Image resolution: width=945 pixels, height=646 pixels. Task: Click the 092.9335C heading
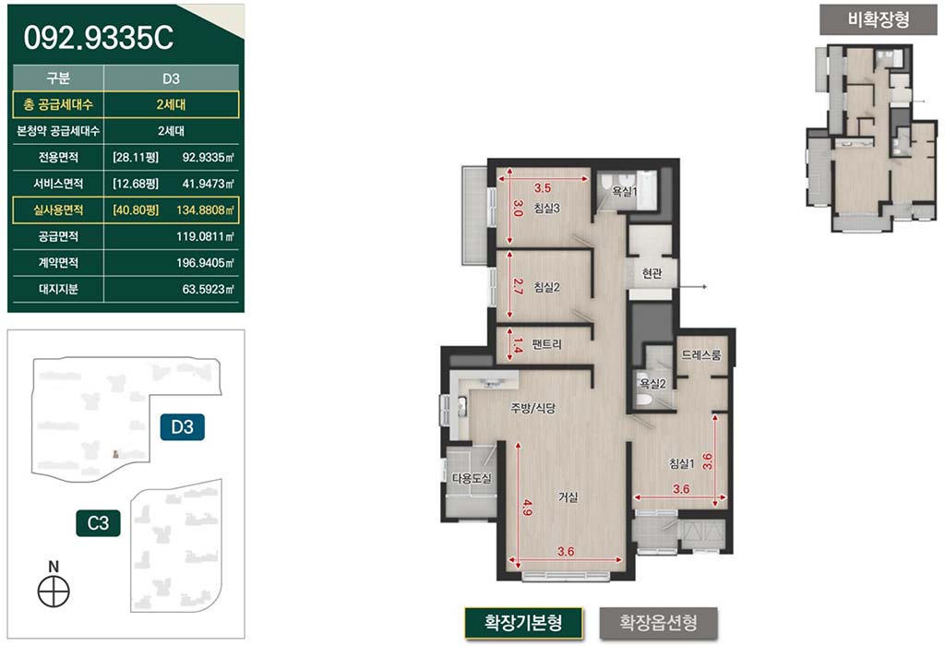point(98,38)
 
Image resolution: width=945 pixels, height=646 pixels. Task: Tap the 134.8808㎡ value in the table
point(205,210)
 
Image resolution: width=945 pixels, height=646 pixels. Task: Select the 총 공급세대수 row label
point(58,105)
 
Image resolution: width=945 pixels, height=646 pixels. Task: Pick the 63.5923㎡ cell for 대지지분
point(208,289)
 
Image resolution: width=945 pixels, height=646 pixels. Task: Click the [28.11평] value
point(136,158)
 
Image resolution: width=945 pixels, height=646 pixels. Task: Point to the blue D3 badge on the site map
point(182,427)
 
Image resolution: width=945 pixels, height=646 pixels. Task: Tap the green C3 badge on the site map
point(98,523)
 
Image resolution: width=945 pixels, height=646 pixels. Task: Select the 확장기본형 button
point(523,623)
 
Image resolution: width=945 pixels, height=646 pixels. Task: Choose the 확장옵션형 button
point(659,623)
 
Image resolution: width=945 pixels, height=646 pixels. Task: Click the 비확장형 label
point(879,20)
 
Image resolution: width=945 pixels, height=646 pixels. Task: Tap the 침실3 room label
point(546,209)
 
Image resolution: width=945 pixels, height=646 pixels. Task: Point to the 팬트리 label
point(546,345)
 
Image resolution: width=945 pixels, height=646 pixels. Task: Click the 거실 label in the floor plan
point(568,497)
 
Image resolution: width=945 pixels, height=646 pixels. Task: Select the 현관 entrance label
point(652,274)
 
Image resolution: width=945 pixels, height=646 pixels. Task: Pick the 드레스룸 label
point(701,355)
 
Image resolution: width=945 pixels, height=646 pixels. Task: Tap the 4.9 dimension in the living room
point(528,508)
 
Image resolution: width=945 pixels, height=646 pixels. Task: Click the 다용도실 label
point(472,478)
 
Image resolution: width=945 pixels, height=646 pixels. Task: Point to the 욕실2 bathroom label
point(652,383)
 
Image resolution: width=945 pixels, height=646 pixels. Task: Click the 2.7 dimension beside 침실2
point(517,286)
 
